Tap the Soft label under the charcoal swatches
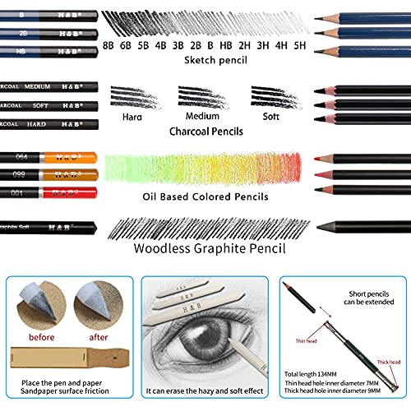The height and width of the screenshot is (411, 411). click(x=272, y=115)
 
